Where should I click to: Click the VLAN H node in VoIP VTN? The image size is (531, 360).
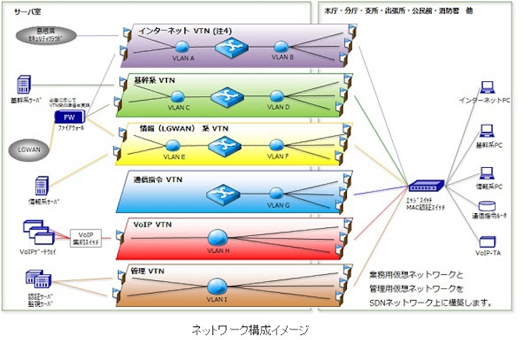[x=218, y=238]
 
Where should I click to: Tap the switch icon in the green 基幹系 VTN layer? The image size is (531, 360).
[x=227, y=95]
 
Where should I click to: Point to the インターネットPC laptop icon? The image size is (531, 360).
[x=486, y=87]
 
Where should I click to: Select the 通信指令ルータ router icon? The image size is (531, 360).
[x=486, y=209]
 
